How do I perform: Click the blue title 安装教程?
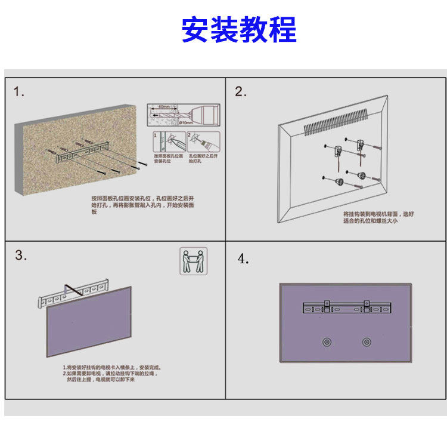[x=238, y=30]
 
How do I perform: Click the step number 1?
[x=20, y=92]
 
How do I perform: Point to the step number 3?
[x=21, y=255]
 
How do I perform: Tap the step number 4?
[x=243, y=258]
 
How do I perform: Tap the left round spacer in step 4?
[x=326, y=343]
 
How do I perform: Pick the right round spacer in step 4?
[x=366, y=343]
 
